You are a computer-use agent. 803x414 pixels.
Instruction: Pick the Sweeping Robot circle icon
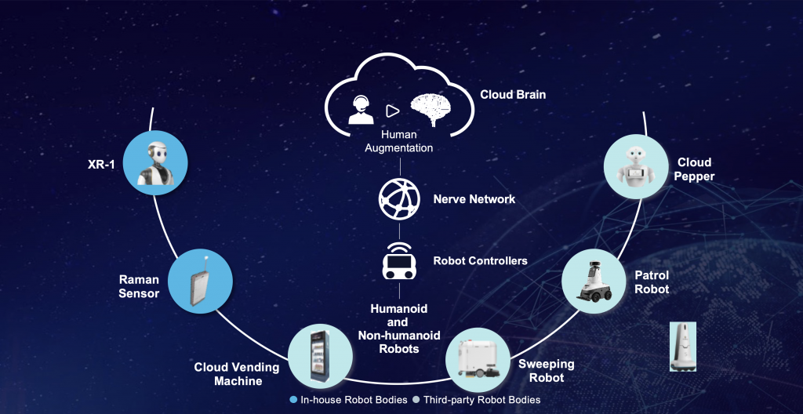[478, 358]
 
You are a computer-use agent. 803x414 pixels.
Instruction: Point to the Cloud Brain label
[513, 95]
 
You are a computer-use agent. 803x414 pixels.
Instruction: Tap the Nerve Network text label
[474, 199]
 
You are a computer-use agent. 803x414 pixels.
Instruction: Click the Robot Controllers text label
[480, 260]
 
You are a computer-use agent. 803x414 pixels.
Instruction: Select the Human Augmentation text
[400, 141]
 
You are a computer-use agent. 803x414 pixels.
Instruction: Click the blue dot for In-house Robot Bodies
[294, 400]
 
